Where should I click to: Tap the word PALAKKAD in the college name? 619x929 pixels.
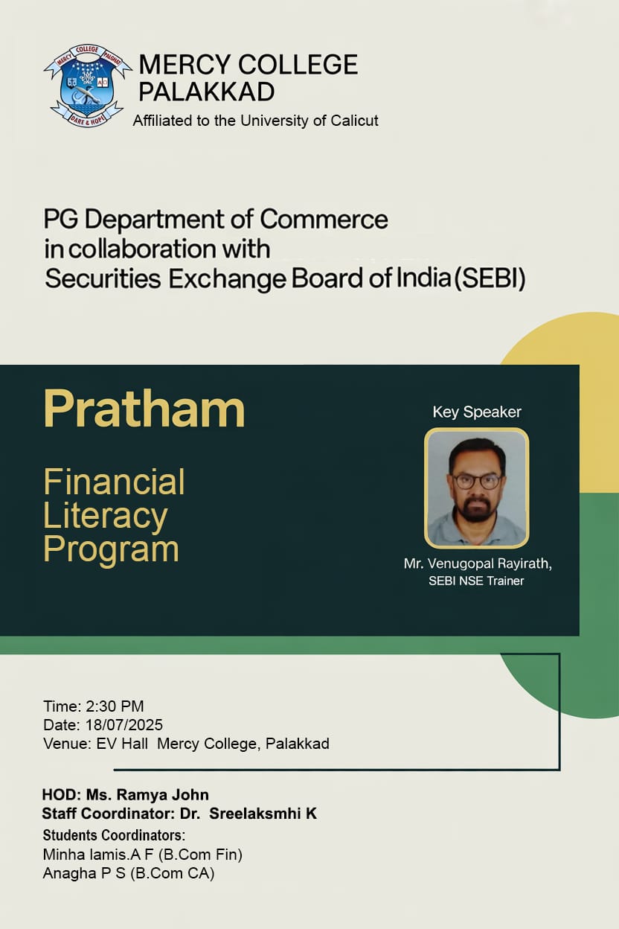(x=206, y=92)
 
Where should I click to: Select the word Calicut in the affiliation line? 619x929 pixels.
(x=349, y=121)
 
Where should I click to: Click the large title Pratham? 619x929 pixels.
(x=144, y=409)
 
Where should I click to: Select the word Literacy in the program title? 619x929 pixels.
(x=106, y=516)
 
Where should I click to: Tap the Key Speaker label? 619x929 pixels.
(x=477, y=412)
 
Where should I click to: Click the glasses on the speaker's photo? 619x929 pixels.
(x=477, y=481)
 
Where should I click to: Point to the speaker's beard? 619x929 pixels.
(x=477, y=509)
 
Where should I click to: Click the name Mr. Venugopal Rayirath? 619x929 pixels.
(x=477, y=564)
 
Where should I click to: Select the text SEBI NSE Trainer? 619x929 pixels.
(x=476, y=581)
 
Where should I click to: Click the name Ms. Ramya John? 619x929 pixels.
(x=147, y=795)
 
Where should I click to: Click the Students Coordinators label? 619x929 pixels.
(x=114, y=834)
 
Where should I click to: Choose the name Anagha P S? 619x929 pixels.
(x=84, y=874)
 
